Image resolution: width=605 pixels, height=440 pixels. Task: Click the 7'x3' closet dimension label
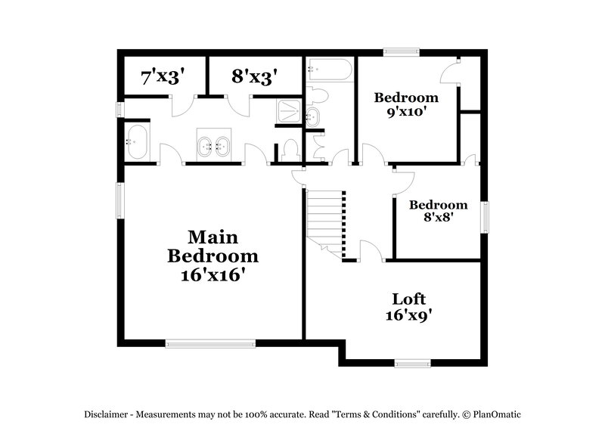163,76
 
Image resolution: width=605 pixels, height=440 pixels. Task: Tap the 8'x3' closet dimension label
254,76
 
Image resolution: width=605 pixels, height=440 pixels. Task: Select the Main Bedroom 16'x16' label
213,256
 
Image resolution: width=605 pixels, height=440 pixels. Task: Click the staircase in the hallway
325,219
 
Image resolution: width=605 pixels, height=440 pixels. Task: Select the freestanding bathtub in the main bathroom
138,142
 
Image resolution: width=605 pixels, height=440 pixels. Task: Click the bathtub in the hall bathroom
329,72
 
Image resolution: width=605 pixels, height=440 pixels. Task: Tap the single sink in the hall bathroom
312,116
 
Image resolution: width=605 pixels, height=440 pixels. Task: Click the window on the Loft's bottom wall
413,363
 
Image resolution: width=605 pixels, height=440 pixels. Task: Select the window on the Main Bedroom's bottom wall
211,343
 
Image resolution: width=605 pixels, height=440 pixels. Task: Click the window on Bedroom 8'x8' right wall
484,216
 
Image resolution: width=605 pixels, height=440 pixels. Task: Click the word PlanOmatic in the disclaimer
497,414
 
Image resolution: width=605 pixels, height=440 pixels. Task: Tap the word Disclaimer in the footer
107,414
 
